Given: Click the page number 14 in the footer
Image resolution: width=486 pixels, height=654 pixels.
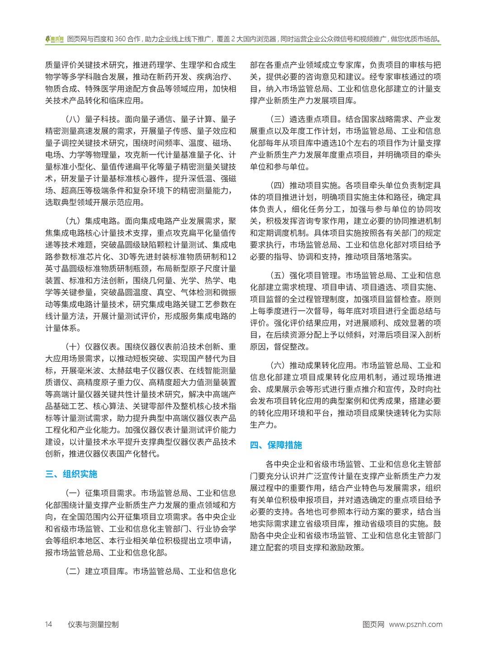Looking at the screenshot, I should coord(49,625).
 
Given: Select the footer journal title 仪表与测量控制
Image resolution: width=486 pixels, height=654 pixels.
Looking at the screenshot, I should coord(93,625).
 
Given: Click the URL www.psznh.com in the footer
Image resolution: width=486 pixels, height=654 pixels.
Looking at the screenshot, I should coord(415,625).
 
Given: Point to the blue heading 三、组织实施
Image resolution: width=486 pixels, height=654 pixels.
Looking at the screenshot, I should coord(71,474).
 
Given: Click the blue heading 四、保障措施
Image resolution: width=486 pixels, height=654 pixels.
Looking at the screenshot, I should coord(276,445).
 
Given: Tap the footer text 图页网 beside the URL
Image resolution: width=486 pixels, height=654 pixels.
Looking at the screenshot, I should coord(373,625).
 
